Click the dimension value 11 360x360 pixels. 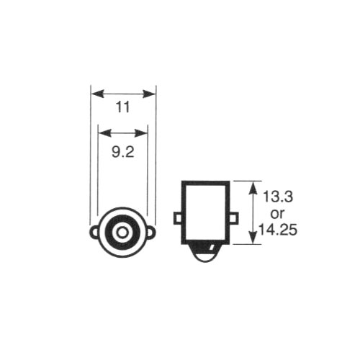point(123,107)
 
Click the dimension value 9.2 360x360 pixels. point(123,152)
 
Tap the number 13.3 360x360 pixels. point(278,197)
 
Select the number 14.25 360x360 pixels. point(277,230)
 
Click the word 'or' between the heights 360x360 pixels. point(277,214)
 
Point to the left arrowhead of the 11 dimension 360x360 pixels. point(98,94)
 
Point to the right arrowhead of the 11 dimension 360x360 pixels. point(149,94)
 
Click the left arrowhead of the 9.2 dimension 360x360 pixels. point(105,132)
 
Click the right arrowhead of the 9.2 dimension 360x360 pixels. point(141,132)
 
